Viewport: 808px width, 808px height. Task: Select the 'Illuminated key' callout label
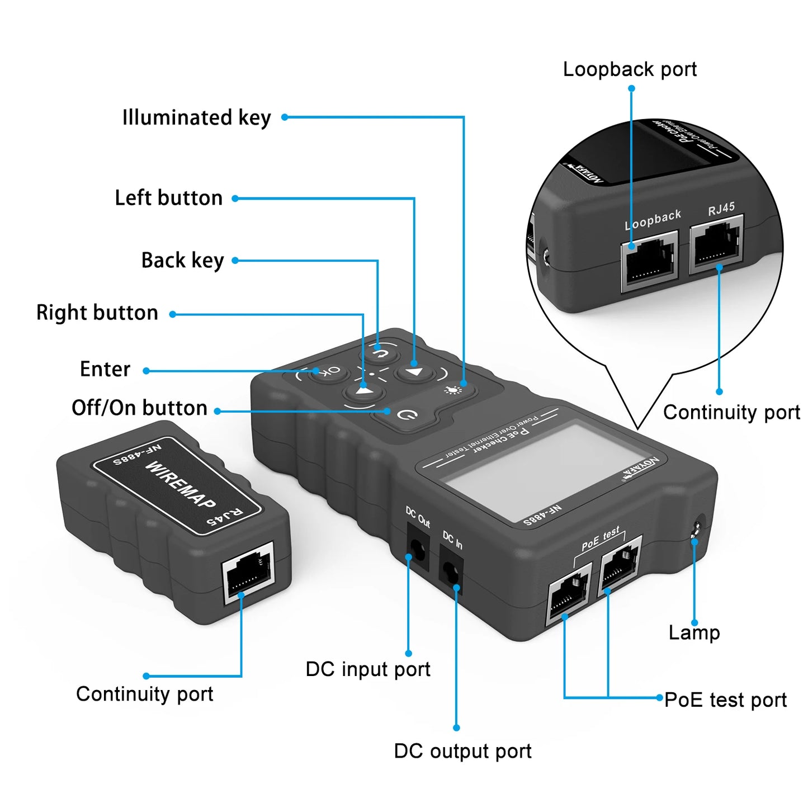196,118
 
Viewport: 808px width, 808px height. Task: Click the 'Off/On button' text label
139,408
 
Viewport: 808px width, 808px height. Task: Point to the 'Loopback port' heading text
630,69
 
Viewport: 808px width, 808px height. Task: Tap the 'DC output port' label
462,751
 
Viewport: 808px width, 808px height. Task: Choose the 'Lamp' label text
694,633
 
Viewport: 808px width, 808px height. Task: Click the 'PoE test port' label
725,700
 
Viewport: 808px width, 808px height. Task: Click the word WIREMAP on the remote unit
180,484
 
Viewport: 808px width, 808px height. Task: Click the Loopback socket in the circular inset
649,261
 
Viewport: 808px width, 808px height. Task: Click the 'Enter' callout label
105,370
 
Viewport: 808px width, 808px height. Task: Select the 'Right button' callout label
97,313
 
